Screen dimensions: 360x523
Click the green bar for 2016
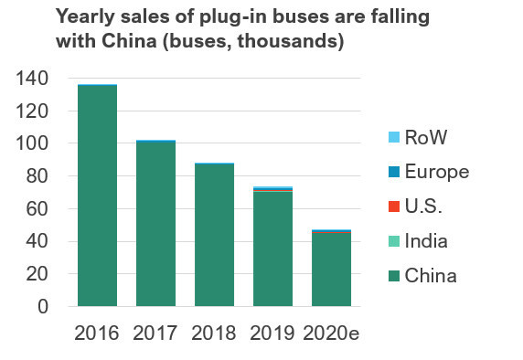tap(97, 196)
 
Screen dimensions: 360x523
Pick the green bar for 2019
tap(272, 249)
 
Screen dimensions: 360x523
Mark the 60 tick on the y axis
tap(42, 209)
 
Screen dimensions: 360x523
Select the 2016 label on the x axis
tap(97, 333)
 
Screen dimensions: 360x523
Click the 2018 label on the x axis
tap(214, 333)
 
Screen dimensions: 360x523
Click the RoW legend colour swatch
tap(394, 137)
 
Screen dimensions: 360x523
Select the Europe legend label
tap(437, 172)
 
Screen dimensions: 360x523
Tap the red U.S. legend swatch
tap(394, 206)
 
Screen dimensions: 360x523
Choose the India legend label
tap(429, 241)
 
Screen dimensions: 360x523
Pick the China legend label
tap(432, 275)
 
